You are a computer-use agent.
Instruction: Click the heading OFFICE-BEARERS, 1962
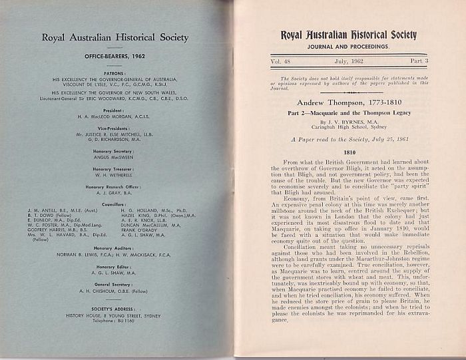(x=115, y=58)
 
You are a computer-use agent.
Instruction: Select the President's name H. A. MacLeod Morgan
(x=115, y=116)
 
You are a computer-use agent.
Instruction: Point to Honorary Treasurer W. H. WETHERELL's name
(x=115, y=175)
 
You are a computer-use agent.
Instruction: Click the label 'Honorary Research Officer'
(x=115, y=188)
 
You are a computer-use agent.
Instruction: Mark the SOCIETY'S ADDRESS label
(x=115, y=309)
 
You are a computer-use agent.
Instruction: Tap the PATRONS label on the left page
(x=115, y=73)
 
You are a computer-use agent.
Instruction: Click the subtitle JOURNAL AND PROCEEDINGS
(x=348, y=47)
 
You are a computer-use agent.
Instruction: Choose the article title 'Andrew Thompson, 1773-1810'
(x=348, y=103)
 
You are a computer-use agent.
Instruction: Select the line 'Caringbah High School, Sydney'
(x=348, y=128)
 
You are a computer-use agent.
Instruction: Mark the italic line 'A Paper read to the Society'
(x=348, y=140)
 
